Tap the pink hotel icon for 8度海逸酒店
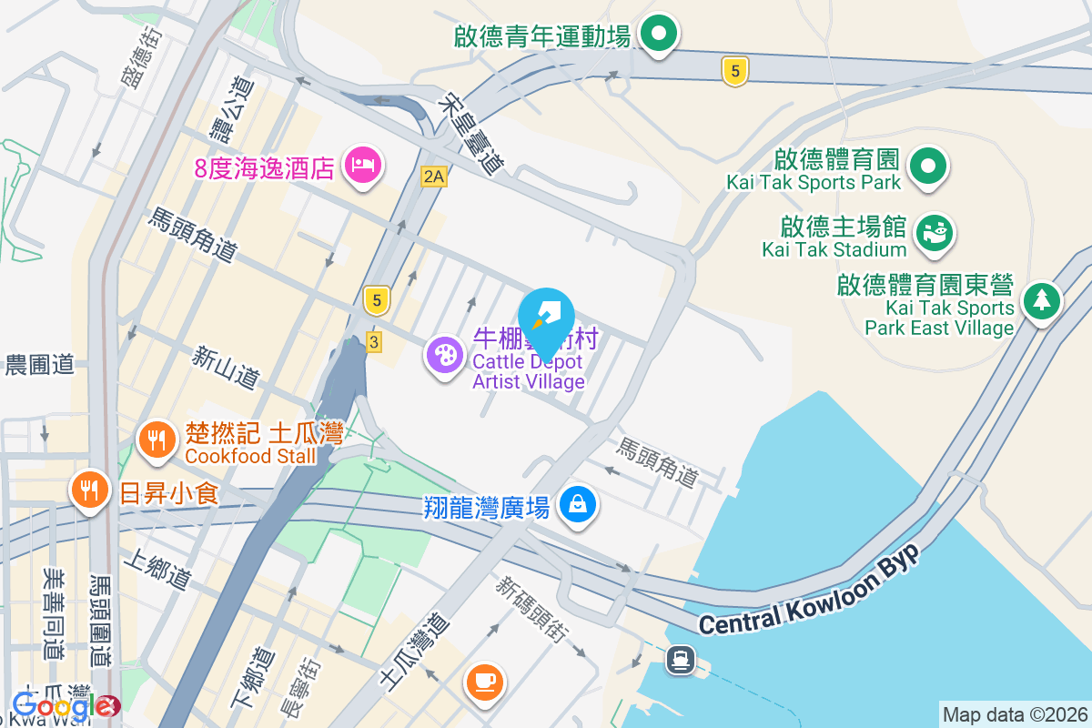pos(363,165)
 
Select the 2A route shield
pos(434,177)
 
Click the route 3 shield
pos(373,341)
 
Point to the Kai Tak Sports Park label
pos(813,182)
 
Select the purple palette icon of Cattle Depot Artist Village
pos(444,355)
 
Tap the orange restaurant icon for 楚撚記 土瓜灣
pos(156,440)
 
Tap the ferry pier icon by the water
pos(680,658)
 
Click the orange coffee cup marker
pos(484,680)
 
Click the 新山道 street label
pos(226,368)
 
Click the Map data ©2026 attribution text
pos(1014,714)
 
